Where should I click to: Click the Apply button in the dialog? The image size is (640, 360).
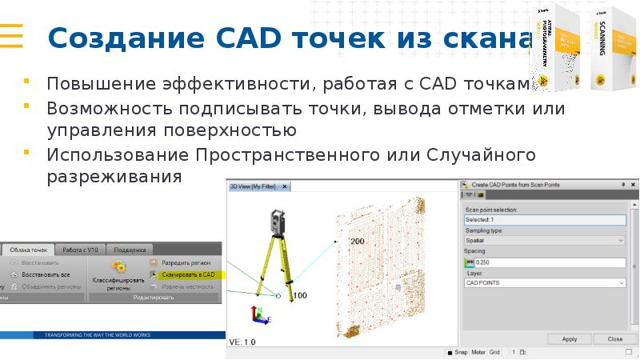(x=570, y=338)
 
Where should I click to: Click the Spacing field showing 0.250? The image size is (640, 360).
(x=550, y=262)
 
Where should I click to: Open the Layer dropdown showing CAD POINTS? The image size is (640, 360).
(x=544, y=282)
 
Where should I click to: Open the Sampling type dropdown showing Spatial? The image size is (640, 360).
(x=544, y=240)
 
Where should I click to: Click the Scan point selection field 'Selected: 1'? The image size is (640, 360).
(x=544, y=219)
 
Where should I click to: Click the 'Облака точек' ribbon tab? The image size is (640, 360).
(x=28, y=250)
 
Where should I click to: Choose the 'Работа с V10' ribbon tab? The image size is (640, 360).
(x=82, y=250)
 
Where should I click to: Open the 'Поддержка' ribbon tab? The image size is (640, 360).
(x=130, y=250)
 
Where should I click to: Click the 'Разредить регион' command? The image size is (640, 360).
(x=187, y=262)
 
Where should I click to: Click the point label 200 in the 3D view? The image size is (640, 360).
(x=357, y=241)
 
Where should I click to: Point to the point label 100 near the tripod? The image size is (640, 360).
(x=300, y=295)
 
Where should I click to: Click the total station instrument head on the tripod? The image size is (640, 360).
(x=277, y=216)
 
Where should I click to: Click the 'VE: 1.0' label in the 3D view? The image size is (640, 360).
(x=242, y=342)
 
